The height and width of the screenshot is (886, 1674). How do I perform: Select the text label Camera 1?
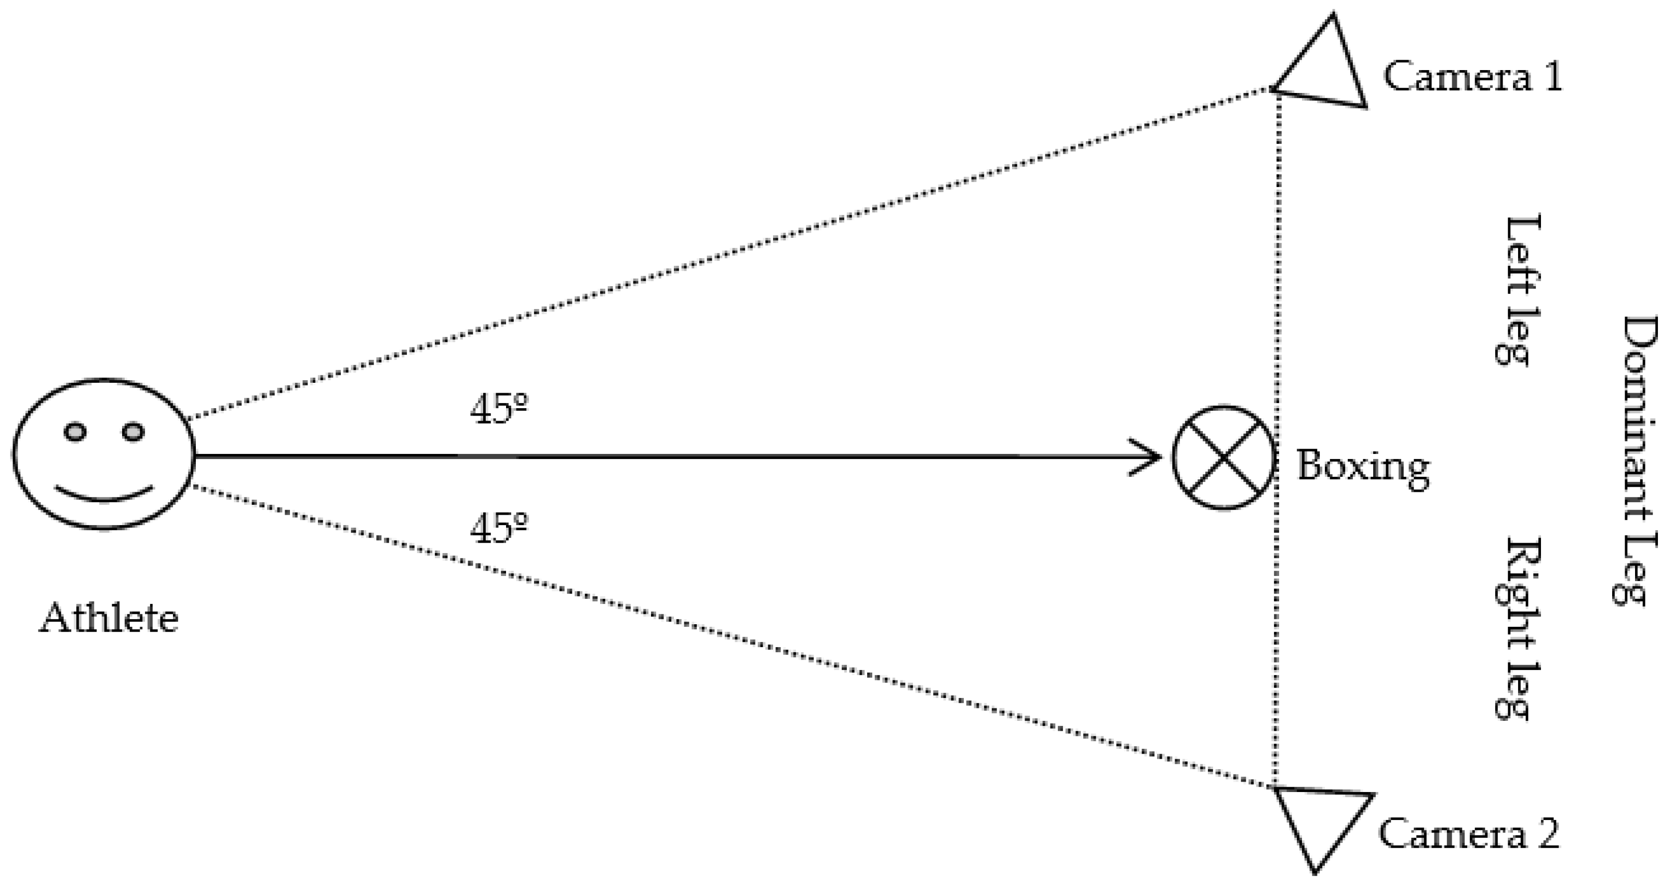tap(1472, 77)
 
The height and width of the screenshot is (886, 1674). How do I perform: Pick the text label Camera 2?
tap(1468, 834)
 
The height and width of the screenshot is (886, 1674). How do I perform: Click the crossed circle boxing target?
tap(1223, 458)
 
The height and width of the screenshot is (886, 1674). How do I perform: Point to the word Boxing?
tap(1363, 466)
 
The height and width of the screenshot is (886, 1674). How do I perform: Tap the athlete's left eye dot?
tap(75, 432)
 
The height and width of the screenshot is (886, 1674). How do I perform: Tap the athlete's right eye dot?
tap(132, 432)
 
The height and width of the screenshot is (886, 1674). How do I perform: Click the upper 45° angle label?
tap(498, 409)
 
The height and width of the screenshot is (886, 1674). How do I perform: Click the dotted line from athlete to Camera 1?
tap(715, 257)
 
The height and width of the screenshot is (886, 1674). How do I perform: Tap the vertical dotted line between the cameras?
tap(1277, 292)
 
